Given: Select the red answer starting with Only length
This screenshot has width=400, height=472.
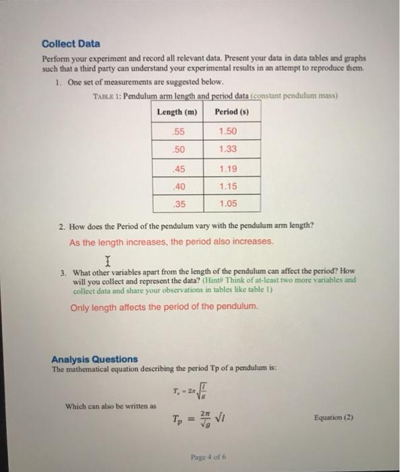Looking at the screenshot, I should pyautogui.click(x=164, y=307).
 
